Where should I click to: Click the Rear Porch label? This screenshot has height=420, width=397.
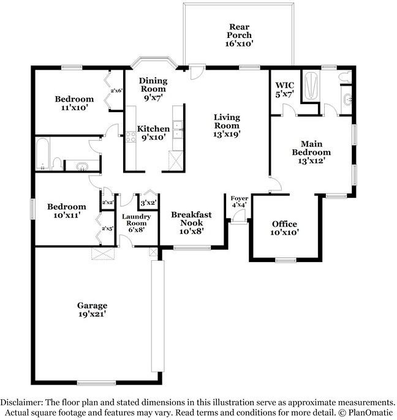239,35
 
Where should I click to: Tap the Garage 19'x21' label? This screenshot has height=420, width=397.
93,310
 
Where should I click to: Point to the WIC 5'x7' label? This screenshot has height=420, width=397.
285,90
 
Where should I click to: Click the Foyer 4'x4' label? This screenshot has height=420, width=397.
240,201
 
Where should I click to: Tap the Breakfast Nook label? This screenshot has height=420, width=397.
191,223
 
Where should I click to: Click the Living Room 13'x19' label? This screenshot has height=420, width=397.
227,126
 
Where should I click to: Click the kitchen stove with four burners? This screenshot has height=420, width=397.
131,137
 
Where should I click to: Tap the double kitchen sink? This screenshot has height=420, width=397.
177,130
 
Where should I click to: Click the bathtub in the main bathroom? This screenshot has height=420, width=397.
311,85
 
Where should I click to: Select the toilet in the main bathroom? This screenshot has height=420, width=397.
345,77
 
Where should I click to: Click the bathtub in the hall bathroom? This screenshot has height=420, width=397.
43,154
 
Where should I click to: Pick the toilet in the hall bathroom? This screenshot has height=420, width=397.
56,164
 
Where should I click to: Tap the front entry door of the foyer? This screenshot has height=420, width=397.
238,217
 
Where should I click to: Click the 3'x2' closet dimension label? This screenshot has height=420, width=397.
148,203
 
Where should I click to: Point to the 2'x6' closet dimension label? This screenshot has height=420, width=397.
116,91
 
